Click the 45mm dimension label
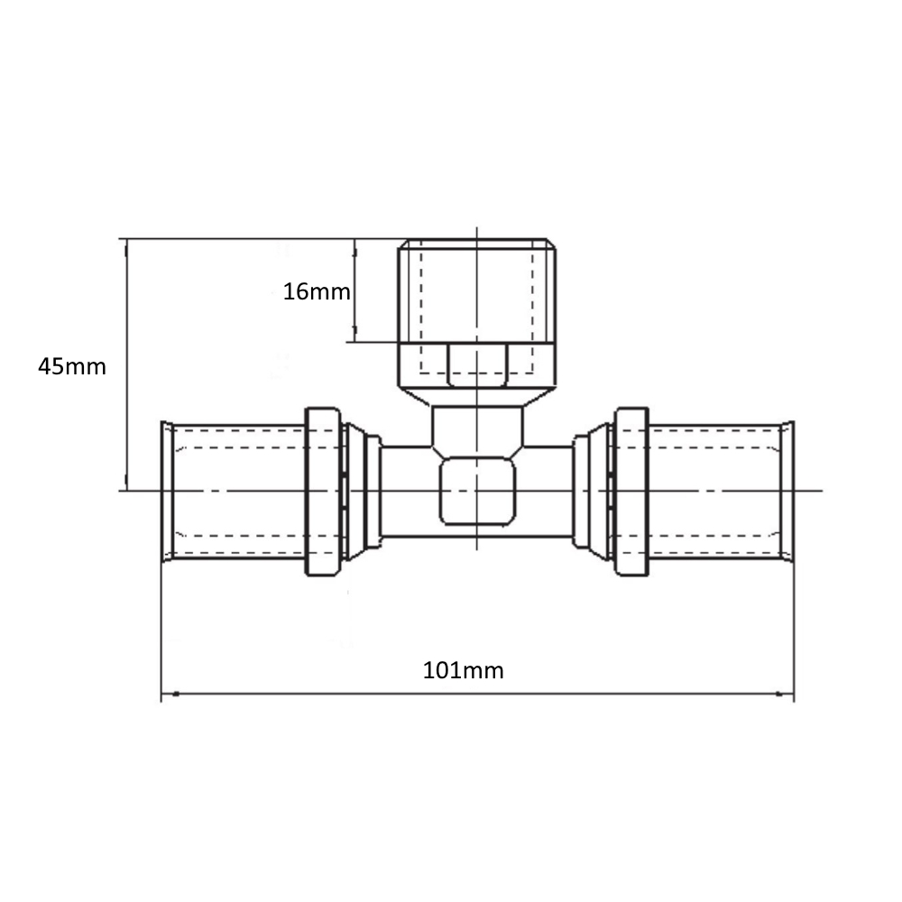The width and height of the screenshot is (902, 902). point(72,366)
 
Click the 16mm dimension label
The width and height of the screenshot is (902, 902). point(317,291)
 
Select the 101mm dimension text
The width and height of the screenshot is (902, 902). point(463,670)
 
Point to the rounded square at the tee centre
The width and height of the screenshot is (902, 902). point(477,491)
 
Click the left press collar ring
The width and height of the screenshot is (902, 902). point(323,492)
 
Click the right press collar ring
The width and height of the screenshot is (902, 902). point(631,492)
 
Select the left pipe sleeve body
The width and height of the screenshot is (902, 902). point(238,492)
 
